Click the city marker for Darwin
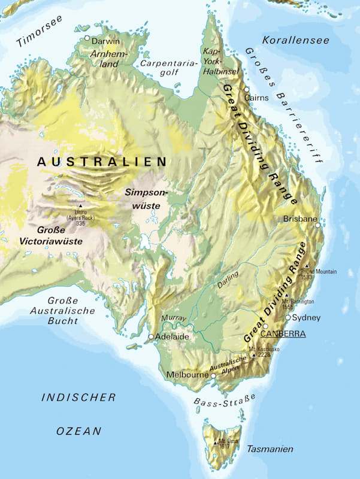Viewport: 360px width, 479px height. coord(87,38)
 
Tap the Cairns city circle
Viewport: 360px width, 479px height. coord(246,89)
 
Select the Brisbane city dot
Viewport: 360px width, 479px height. coord(318,226)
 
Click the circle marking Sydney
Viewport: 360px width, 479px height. coord(288,317)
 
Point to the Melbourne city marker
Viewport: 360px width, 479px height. coord(213,375)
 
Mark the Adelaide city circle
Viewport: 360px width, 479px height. coord(151,336)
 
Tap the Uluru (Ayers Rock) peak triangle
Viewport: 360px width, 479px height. coord(80,205)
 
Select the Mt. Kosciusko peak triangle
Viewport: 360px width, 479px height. coord(254,354)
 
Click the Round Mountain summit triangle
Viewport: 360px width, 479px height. coord(306,265)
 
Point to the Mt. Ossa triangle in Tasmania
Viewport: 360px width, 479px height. coord(216,442)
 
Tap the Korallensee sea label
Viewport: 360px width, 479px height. coord(296,41)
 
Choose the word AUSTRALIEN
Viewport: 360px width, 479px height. coord(101,161)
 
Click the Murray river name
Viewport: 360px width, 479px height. coord(174,317)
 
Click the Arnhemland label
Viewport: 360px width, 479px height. coord(104,57)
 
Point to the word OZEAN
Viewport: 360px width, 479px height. coord(78,431)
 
